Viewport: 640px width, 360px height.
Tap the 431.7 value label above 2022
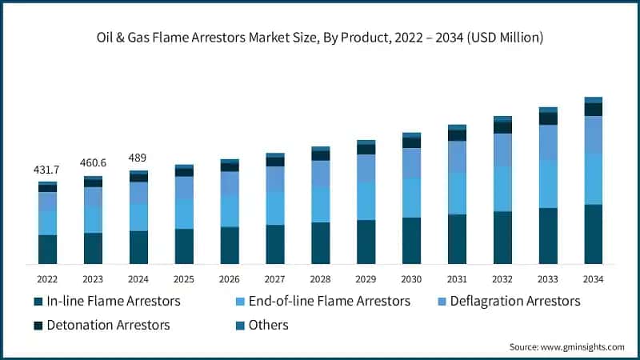(47, 170)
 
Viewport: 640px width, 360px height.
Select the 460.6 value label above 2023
(93, 163)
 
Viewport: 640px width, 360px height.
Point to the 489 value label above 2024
(138, 158)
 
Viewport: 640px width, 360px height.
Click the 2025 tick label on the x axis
(183, 278)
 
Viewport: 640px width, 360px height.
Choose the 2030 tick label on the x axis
(411, 278)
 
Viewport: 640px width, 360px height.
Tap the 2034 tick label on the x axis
(593, 278)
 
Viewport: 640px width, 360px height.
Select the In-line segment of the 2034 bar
(593, 234)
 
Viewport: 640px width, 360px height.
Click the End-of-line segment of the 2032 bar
(502, 189)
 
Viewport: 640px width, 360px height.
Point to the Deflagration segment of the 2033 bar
(548, 142)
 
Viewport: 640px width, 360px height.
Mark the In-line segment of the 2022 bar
(47, 249)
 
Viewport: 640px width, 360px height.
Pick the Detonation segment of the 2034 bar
(593, 110)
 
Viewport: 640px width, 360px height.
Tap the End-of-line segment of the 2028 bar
(320, 204)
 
